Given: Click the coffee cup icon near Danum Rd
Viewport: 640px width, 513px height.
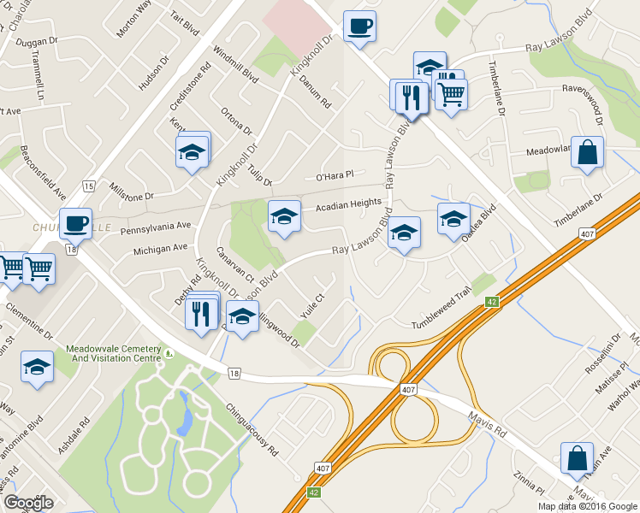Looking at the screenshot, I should (359, 25).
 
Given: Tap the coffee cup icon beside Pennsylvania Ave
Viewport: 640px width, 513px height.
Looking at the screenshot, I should (74, 222).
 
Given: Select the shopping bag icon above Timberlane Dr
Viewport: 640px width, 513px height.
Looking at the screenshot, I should (587, 152).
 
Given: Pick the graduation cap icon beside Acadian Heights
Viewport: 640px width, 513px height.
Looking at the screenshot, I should (284, 215).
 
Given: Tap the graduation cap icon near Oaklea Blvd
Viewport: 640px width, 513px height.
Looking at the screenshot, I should (453, 218).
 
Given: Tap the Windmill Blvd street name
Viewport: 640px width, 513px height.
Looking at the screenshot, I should (237, 63).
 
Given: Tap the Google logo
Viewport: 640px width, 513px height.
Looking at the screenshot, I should (28, 502).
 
